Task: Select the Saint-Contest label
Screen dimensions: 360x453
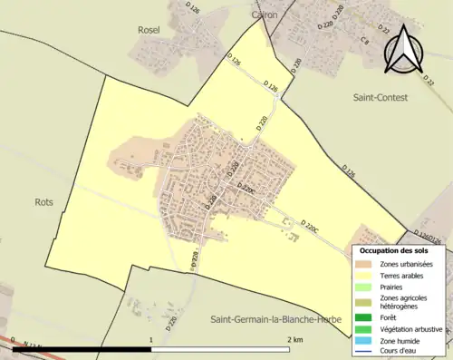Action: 382,95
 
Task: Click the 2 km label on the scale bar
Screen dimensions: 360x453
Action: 294,339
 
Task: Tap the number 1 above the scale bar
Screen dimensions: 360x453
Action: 150,339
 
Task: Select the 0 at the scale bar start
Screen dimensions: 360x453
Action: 13,340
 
